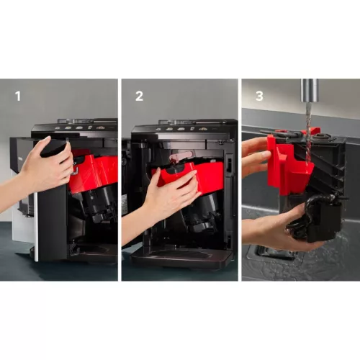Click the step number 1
18,95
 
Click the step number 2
139,95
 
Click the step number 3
260,95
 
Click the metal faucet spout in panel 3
310,92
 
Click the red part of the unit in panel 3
288,166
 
